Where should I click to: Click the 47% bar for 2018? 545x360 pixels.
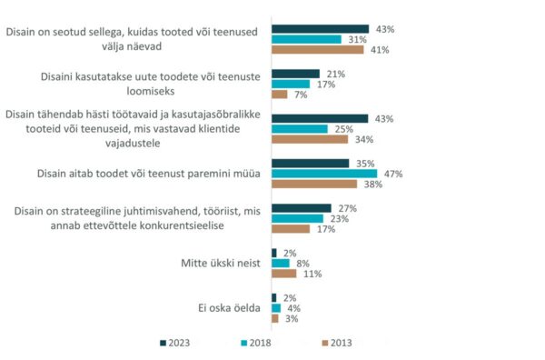[324, 174]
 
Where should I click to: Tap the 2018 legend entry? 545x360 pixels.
[259, 343]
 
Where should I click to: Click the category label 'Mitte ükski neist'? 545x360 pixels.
[221, 264]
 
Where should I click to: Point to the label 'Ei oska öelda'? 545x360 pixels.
[230, 308]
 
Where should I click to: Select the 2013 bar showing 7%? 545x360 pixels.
[280, 95]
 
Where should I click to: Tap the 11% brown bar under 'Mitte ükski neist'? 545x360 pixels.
[284, 274]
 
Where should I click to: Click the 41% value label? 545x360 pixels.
[379, 50]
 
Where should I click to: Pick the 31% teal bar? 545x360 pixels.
[307, 39]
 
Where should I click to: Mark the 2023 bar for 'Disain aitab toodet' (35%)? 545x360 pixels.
[311, 164]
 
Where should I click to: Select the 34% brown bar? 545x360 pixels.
[310, 140]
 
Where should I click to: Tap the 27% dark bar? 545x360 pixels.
[302, 208]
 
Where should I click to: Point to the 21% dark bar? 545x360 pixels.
[295, 74]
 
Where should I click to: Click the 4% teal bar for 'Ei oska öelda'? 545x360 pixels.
[276, 308]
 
